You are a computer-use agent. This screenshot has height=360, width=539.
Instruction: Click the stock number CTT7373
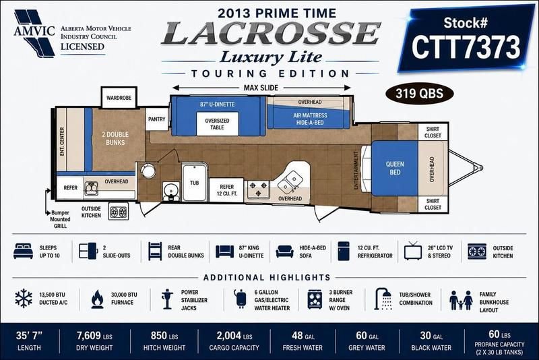[x=466, y=47]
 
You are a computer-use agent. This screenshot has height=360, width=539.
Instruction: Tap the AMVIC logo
[x=34, y=33]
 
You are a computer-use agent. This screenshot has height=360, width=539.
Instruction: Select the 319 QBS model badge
[x=419, y=94]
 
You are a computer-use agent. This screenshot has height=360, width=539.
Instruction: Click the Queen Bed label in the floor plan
[x=395, y=168]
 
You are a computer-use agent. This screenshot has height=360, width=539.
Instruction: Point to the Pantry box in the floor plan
[x=157, y=119]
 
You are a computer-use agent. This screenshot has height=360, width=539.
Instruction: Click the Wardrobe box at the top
[x=119, y=98]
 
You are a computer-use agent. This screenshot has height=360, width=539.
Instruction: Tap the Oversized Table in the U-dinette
[x=217, y=124]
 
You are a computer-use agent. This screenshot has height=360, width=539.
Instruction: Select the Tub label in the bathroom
[x=195, y=183]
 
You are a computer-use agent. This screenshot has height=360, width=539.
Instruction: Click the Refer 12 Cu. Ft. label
[x=227, y=190]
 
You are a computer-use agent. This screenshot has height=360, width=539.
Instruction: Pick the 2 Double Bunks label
[x=115, y=138]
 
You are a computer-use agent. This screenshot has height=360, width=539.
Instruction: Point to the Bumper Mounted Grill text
[x=60, y=219]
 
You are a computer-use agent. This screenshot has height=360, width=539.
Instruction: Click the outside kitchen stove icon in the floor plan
[x=119, y=212]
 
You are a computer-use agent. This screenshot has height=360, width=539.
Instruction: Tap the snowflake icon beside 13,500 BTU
[x=24, y=299]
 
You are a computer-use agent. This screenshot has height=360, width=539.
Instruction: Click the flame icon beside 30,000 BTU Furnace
[x=97, y=299]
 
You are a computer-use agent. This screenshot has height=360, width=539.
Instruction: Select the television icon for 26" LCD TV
[x=413, y=251]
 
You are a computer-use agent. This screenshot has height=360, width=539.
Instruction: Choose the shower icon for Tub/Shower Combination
[x=383, y=299]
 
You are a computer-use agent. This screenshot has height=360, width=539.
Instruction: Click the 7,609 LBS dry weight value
[x=94, y=336]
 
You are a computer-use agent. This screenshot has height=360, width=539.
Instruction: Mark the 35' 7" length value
[x=29, y=336]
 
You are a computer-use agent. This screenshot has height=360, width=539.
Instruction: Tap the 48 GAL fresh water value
[x=303, y=336]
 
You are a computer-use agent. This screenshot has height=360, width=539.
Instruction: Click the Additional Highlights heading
[x=267, y=278]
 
